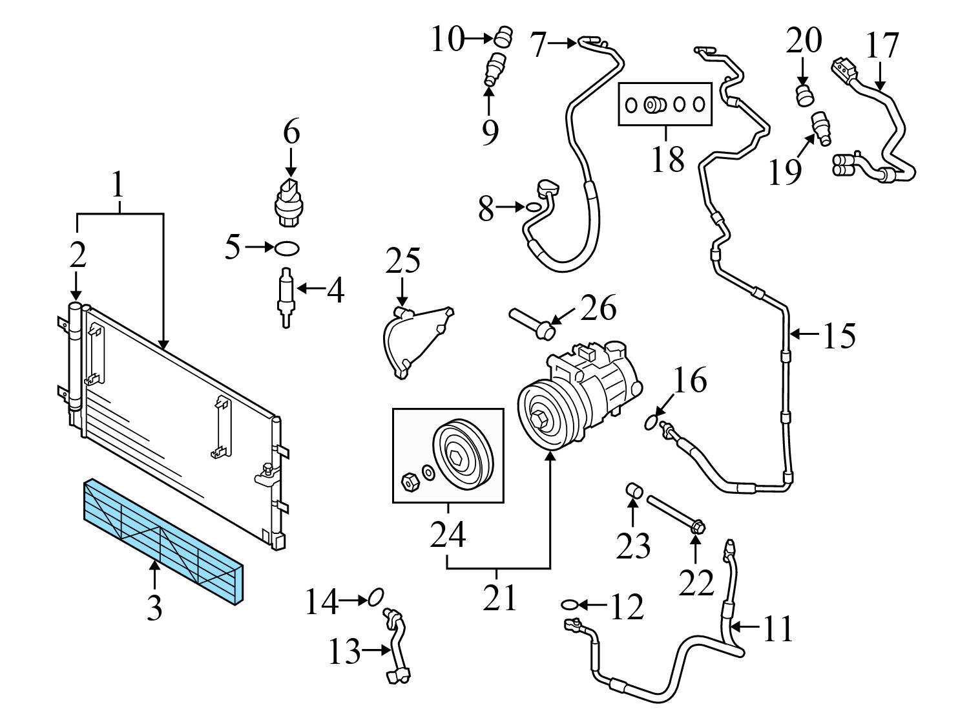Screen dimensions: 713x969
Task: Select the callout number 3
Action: click(x=154, y=608)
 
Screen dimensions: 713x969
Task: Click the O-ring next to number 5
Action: click(x=287, y=247)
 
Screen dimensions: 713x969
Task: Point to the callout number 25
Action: click(x=403, y=261)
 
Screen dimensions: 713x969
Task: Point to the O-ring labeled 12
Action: click(x=568, y=604)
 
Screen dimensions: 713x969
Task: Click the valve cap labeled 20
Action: click(x=803, y=94)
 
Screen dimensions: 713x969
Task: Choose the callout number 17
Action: click(x=882, y=45)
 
